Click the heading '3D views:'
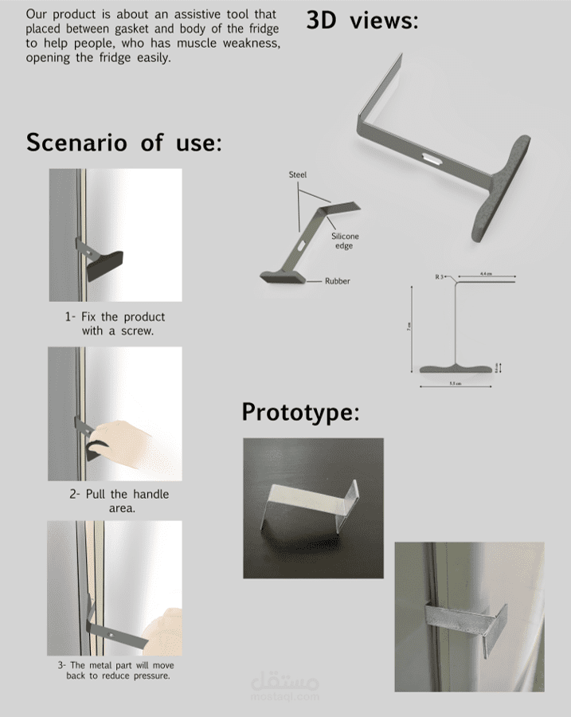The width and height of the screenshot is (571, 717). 362,22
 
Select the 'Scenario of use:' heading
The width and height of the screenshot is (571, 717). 123,143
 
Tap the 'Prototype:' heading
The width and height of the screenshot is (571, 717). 300,413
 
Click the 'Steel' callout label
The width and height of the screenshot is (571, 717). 297,174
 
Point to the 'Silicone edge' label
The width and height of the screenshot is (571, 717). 345,241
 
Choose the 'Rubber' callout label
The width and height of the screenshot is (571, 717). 337,281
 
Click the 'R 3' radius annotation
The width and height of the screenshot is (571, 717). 439,276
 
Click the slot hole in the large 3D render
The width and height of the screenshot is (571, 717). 434,158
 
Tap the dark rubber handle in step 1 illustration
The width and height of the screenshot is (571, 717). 104,265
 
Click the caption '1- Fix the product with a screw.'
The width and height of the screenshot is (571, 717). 115,323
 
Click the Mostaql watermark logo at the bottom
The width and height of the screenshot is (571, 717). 284,686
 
